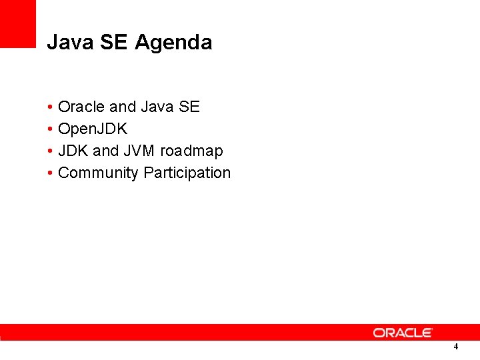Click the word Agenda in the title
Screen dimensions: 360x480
tap(173, 43)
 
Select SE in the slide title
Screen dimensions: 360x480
tap(114, 43)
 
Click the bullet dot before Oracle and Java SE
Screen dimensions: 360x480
tap(51, 107)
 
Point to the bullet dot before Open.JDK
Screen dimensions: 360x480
tap(51, 129)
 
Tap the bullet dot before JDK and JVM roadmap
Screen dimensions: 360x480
tap(51, 151)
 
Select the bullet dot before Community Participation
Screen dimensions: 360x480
tap(51, 173)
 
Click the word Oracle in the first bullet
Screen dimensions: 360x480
tap(81, 107)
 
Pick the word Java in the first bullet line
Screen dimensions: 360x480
tap(157, 107)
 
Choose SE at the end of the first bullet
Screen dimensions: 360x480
tap(189, 107)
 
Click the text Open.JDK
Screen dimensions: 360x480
tap(93, 129)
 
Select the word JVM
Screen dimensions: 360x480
tap(139, 151)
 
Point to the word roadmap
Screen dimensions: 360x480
tap(191, 151)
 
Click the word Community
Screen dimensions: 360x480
tap(99, 173)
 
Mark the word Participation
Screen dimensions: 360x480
tap(187, 173)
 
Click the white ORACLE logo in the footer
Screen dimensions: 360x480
tap(403, 332)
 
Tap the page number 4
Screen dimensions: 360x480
tap(455, 347)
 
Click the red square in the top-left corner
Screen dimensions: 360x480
tap(17, 23)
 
